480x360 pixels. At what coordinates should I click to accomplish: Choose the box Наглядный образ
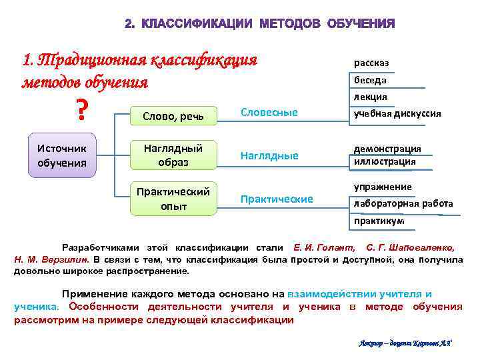173,155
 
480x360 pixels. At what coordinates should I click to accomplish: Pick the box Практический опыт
173,199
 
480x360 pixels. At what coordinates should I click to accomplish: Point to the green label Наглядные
269,155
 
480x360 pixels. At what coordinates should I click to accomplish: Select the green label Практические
276,199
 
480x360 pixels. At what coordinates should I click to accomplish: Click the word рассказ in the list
371,63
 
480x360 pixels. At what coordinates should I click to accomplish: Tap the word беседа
370,80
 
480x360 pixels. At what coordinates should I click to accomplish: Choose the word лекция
371,97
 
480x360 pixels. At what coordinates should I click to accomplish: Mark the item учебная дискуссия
397,113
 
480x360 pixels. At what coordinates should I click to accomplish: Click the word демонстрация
387,149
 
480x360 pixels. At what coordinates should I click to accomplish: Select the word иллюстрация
385,161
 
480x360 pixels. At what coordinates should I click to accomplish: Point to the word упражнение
383,187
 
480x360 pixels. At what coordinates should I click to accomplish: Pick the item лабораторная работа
403,203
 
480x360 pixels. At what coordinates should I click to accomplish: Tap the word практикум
379,221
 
